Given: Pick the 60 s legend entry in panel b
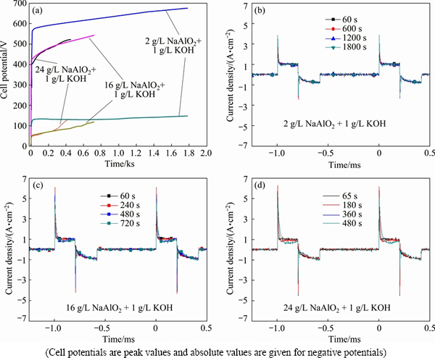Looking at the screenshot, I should coord(341,18).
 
